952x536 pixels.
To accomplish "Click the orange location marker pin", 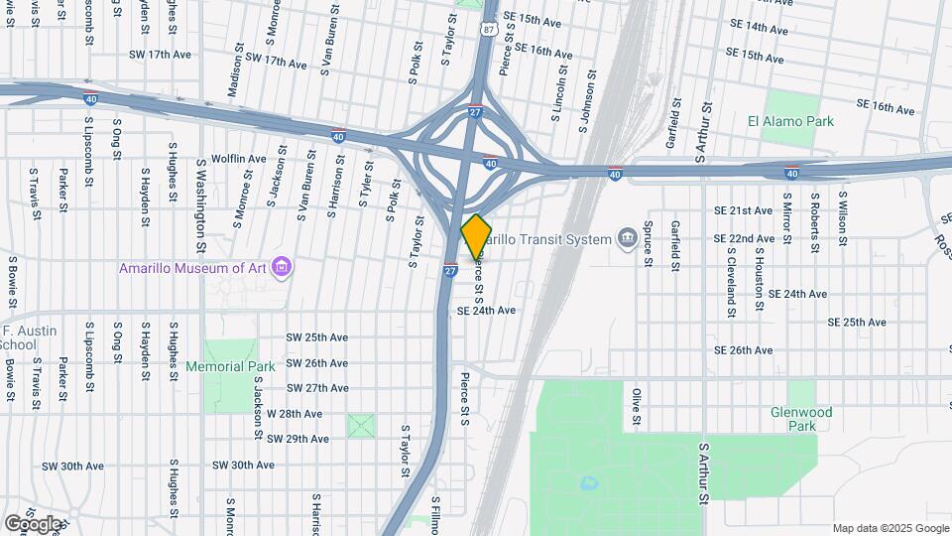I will click(x=476, y=236).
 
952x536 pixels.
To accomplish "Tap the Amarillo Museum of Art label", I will click(x=194, y=267).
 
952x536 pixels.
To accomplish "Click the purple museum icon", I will click(x=282, y=266).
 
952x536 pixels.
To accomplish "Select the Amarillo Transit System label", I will click(x=550, y=238).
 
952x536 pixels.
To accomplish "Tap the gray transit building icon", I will click(x=627, y=238).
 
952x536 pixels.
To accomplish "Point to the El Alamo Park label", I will click(x=790, y=121).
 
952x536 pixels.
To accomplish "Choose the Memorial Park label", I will click(x=230, y=366).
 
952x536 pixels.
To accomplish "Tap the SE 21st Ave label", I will click(x=743, y=210).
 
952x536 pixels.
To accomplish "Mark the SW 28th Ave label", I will click(x=295, y=413).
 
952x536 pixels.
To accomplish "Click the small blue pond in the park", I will click(x=589, y=484).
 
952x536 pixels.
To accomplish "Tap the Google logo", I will click(x=33, y=523).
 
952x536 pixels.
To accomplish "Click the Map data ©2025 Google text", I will click(x=891, y=528).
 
